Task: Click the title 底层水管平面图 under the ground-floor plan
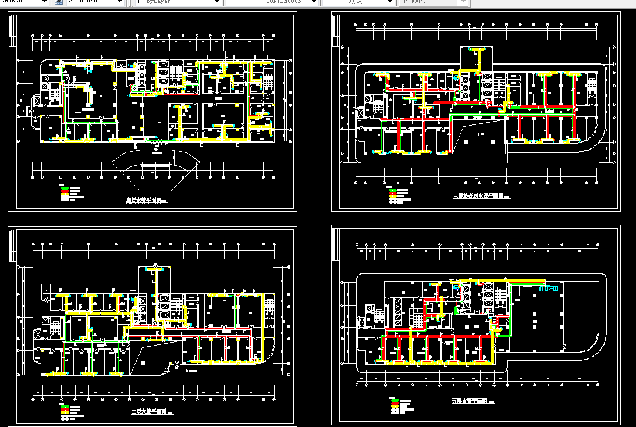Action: pos(145,200)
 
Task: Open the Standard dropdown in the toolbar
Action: pos(95,2)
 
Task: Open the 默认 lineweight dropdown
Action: pos(358,2)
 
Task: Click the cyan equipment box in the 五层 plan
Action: pos(549,288)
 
